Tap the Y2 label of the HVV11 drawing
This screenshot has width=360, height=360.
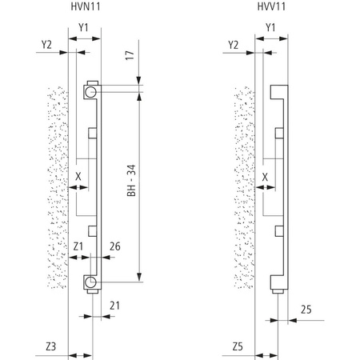[x=233, y=46]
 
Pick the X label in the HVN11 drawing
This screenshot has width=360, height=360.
[x=78, y=175]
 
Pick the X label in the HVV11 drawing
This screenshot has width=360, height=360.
[x=264, y=175]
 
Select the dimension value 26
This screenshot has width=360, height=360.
[x=114, y=247]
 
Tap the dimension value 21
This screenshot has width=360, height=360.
[x=114, y=305]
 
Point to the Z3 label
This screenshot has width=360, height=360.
[x=50, y=346]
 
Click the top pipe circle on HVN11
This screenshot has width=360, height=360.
[x=92, y=93]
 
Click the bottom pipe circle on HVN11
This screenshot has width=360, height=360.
[x=92, y=281]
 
